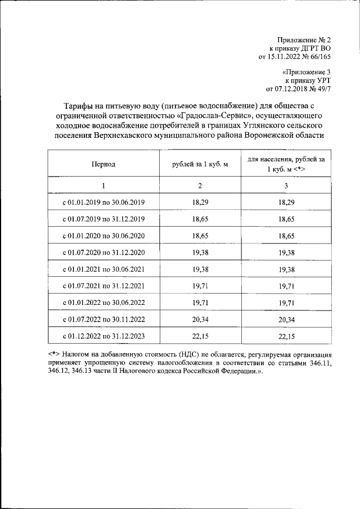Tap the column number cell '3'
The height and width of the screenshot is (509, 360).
tap(286, 186)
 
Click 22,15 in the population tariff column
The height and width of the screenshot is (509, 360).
tap(286, 336)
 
